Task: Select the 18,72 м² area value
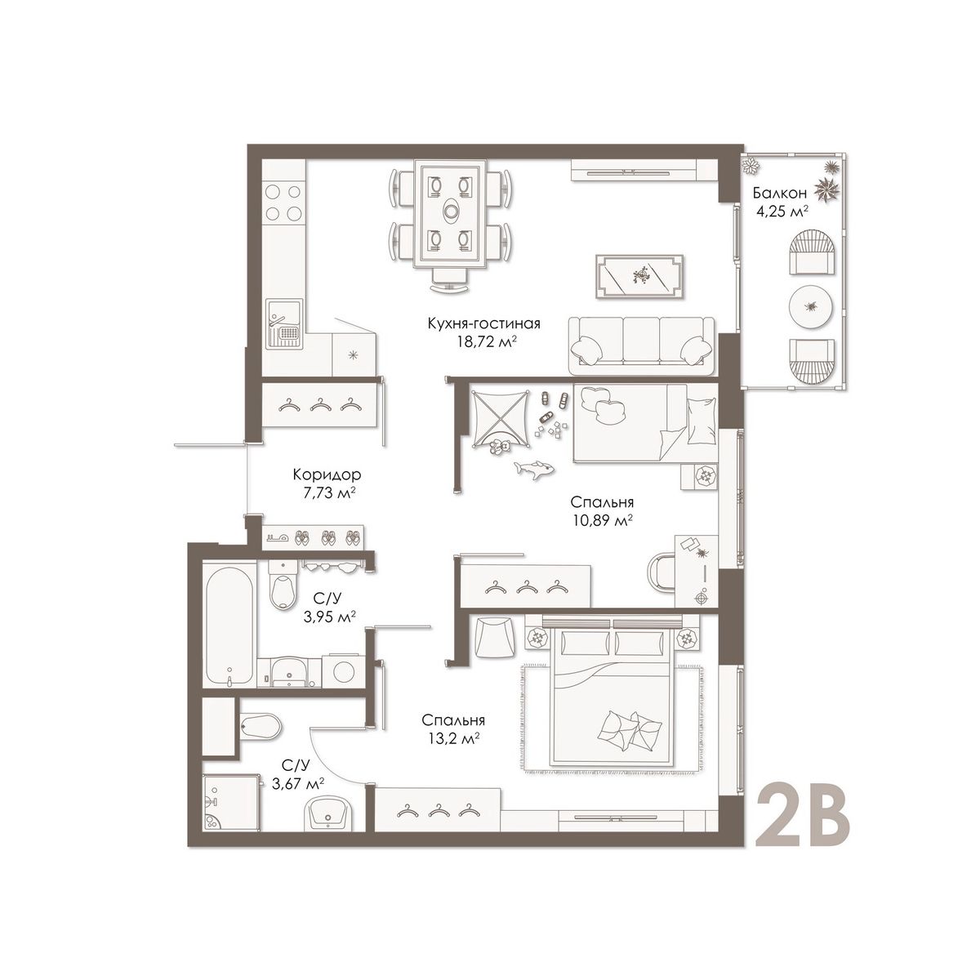(484, 341)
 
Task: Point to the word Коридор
(327, 475)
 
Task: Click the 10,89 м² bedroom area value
(602, 521)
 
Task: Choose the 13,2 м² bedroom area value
(453, 738)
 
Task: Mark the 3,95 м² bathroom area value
(328, 617)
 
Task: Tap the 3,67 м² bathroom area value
(299, 784)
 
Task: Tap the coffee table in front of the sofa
(639, 276)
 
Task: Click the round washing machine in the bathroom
(344, 671)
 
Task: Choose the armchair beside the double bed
(492, 637)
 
